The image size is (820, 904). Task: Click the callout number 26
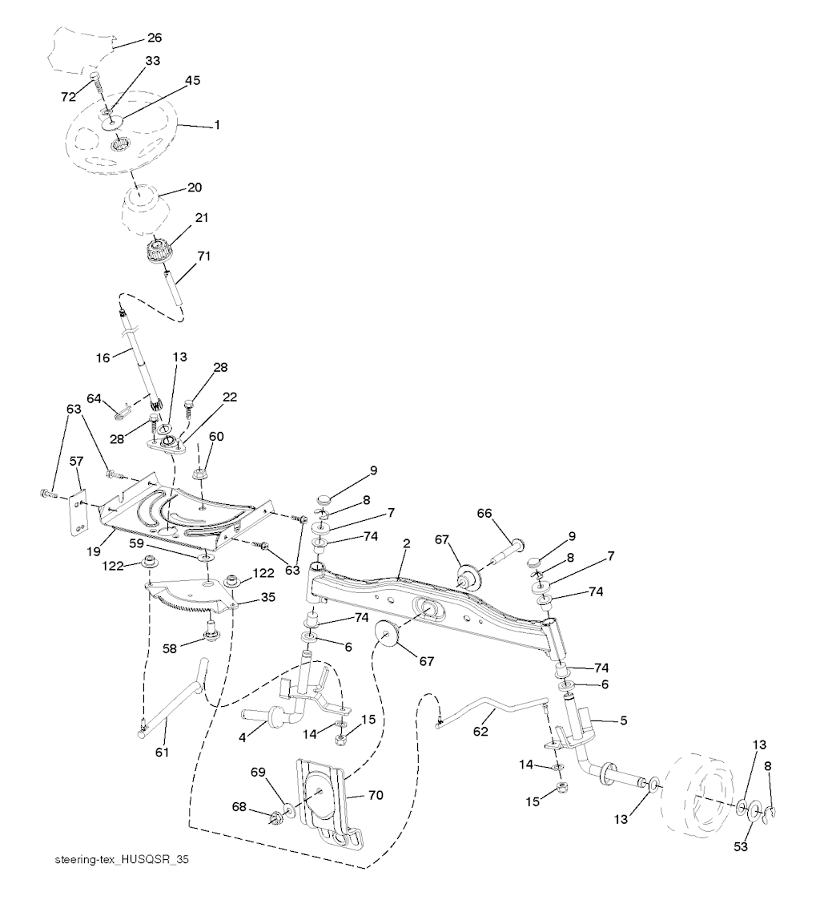(x=155, y=37)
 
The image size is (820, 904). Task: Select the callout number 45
(x=192, y=81)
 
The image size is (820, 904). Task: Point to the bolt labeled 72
(x=96, y=82)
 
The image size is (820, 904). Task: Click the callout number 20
(x=194, y=188)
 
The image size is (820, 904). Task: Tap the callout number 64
(x=94, y=398)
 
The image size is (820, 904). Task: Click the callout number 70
(x=376, y=795)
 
